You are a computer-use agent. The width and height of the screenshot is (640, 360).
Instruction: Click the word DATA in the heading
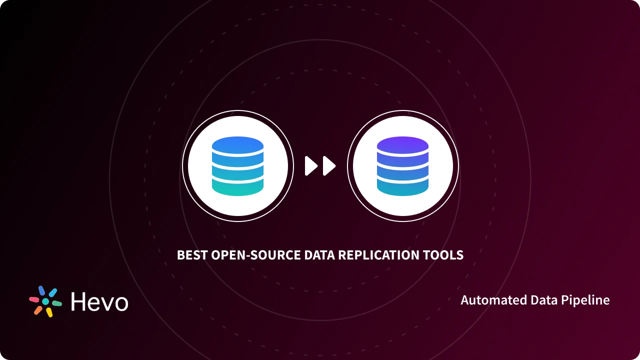pyautogui.click(x=319, y=255)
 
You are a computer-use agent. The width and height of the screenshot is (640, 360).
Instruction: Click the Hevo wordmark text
pyautogui.click(x=99, y=302)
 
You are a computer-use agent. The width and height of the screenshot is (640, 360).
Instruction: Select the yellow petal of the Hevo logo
pyautogui.click(x=49, y=312)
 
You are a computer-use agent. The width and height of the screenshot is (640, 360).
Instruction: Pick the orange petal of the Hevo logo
pyautogui.click(x=38, y=310)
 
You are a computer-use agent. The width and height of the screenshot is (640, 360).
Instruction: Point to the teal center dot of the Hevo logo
pyautogui.click(x=45, y=301)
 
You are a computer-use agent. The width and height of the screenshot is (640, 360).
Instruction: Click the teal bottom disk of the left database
pyautogui.click(x=237, y=187)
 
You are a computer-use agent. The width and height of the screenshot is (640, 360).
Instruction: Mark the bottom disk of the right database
pyautogui.click(x=402, y=187)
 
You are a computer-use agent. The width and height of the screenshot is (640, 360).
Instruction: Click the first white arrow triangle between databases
pyautogui.click(x=310, y=166)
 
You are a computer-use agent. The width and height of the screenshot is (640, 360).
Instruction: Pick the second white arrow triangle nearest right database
pyautogui.click(x=328, y=166)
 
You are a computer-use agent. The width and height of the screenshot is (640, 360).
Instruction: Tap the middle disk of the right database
pyautogui.click(x=402, y=171)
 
